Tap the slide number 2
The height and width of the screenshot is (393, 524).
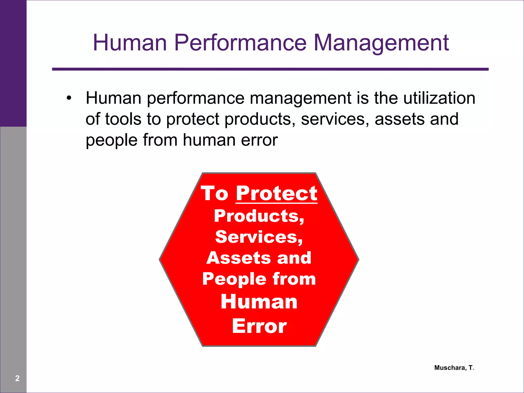coord(17,378)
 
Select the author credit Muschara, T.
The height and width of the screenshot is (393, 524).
coord(454,368)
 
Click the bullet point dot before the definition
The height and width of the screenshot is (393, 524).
coord(69,98)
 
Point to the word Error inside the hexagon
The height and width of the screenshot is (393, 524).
coord(259,326)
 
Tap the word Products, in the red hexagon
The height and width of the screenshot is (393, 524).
coord(259,216)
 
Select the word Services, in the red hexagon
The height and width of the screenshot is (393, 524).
coord(259,237)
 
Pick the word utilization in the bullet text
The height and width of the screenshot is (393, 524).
coord(439,98)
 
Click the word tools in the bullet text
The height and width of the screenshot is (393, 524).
coord(123,119)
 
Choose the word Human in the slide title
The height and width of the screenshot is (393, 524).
coord(130,42)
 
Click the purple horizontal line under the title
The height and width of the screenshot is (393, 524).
coord(270,69)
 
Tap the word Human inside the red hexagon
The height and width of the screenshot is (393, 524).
coord(259,302)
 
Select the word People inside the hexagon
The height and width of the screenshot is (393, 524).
coord(234,279)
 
